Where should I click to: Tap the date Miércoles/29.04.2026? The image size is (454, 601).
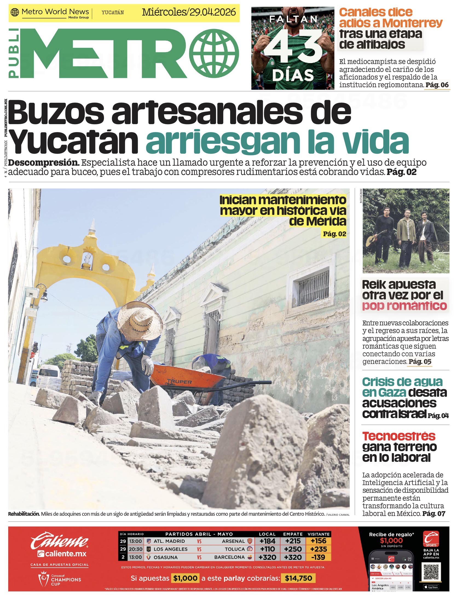pos(189,12)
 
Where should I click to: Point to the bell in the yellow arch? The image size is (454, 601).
pos(87,258)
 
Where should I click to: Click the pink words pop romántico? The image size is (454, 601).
pos(404,306)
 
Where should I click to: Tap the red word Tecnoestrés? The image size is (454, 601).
pos(398,436)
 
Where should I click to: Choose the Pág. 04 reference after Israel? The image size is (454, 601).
pos(438,416)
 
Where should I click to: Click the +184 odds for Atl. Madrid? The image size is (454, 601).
pos(267,541)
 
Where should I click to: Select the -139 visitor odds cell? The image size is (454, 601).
pos(319,557)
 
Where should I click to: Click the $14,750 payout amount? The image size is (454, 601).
pos(298,578)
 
